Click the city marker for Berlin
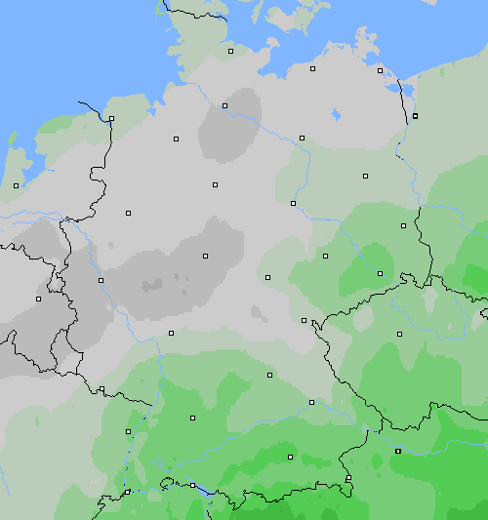tap(365, 177)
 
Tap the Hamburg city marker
tap(224, 105)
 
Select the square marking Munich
tap(290, 457)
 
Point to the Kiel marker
tap(231, 51)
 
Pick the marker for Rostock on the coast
tap(312, 68)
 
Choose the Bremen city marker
tap(176, 139)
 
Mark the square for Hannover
tap(215, 183)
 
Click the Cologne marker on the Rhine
tap(101, 280)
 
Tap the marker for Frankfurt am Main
tap(171, 333)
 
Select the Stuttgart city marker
tap(192, 418)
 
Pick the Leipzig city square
tap(325, 257)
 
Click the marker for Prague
tap(398, 334)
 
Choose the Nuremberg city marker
tap(269, 374)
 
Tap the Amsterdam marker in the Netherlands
tap(17, 185)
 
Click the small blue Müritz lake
tap(336, 114)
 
